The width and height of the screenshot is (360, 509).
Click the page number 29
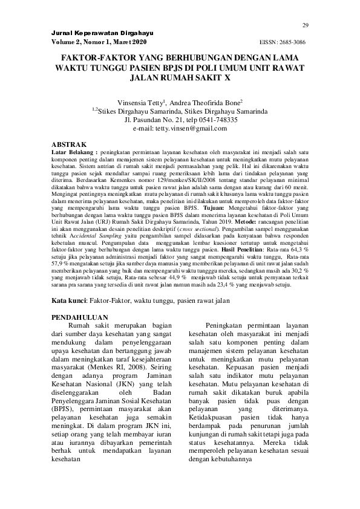click(x=306, y=24)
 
